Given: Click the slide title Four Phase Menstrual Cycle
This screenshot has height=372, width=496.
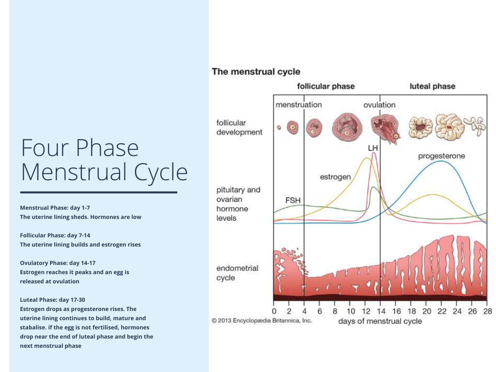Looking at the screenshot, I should click(104, 160).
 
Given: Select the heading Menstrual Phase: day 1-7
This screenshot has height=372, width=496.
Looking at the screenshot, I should click(55, 207).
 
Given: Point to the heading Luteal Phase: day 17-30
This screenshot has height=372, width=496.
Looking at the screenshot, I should click(52, 299).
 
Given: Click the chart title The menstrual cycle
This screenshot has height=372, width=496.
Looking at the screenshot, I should click(256, 72).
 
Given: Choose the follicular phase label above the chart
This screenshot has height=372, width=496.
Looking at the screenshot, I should click(325, 86).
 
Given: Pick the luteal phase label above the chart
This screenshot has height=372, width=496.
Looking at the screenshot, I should click(432, 86).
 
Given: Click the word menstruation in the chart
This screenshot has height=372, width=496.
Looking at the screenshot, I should click(298, 105).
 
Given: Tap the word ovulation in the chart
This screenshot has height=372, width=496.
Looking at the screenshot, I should click(379, 105).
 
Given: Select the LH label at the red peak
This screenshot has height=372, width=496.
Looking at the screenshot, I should click(373, 147).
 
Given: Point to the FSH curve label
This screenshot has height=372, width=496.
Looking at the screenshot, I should click(294, 199).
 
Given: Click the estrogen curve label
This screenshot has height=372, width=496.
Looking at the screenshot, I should click(335, 177).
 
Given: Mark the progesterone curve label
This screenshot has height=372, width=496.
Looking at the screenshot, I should click(441, 156).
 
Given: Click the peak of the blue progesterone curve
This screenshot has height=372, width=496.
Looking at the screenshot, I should click(441, 161).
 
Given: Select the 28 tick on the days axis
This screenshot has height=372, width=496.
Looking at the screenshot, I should click(487, 311).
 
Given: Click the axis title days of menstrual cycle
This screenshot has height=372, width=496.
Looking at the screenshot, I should click(380, 321).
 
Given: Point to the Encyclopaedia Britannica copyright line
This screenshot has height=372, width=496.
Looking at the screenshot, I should click(262, 320).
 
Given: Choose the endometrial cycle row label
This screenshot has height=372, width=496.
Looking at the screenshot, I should click(237, 273).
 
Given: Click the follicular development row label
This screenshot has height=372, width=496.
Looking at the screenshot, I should click(239, 127).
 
